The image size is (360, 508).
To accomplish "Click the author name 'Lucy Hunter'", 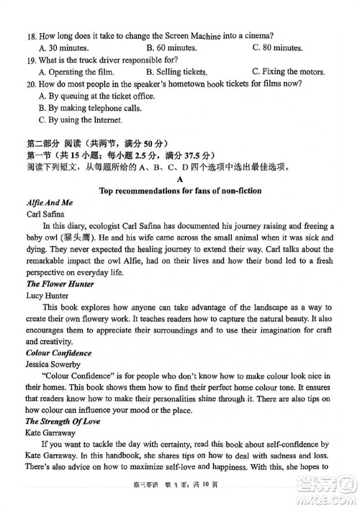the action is [x=48, y=296].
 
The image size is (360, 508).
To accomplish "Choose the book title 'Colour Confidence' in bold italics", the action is [x=58, y=353].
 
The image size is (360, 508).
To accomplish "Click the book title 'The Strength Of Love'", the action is [x=63, y=422].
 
